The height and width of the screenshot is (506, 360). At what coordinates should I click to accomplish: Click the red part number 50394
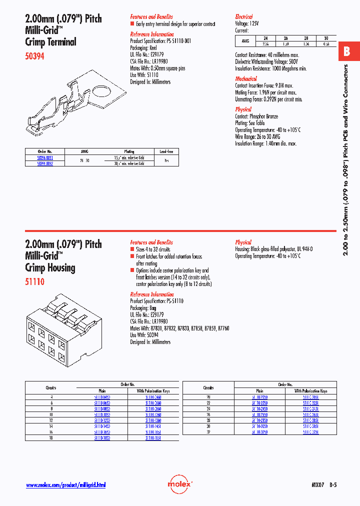(34, 56)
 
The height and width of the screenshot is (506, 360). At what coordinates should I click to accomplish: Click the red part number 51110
(34, 282)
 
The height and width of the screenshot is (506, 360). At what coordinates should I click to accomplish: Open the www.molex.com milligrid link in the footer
(65, 485)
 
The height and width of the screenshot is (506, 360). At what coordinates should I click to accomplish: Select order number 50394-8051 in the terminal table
(45, 157)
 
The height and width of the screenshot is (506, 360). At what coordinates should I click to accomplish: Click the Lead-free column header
(166, 151)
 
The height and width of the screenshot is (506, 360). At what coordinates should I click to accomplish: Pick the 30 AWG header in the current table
(325, 38)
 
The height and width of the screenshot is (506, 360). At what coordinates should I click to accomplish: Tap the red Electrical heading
(244, 16)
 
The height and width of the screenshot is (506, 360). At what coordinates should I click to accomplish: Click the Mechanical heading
(246, 78)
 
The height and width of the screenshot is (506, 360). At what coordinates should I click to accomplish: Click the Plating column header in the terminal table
(129, 151)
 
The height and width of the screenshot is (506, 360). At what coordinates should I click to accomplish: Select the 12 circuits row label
(50, 420)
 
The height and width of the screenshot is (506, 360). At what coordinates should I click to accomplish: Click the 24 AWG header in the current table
(265, 38)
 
